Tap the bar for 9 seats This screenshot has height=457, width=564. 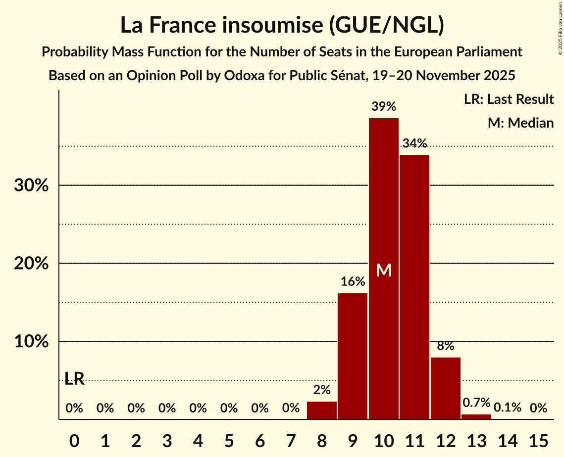(353, 356)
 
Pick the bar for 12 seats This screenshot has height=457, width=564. (445, 388)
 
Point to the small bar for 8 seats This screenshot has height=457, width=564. (322, 411)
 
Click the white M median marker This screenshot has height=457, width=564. (383, 270)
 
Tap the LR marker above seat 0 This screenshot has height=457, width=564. (74, 379)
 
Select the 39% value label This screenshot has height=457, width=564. (383, 106)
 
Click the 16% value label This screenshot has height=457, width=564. (353, 282)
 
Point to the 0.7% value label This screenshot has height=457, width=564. (476, 403)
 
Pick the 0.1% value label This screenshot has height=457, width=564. (507, 408)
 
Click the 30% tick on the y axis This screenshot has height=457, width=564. (31, 186)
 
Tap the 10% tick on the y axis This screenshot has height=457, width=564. (31, 342)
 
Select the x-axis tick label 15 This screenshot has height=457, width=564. (538, 439)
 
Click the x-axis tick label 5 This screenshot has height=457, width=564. (229, 439)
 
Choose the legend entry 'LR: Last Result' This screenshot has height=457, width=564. (509, 99)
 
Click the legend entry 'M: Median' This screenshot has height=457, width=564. (520, 123)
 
